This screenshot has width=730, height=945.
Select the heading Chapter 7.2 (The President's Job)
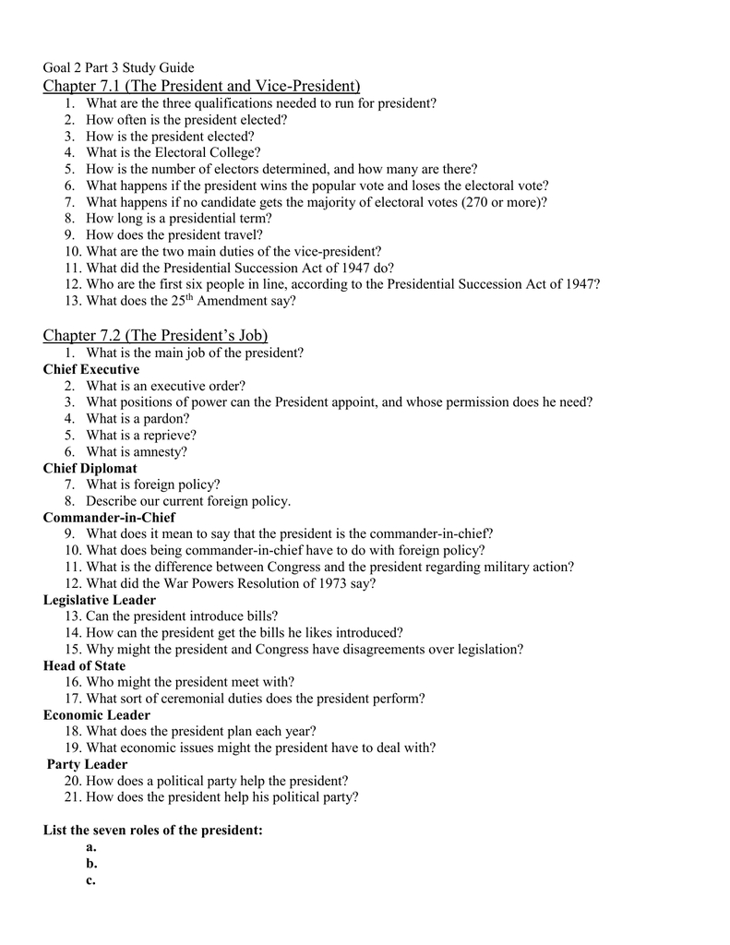155,334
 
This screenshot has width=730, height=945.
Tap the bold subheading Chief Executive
91,369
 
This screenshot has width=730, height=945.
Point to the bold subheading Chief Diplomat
90,469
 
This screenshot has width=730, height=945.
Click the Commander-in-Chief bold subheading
109,518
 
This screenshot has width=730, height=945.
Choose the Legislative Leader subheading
100,600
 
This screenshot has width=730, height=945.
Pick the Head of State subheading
84,665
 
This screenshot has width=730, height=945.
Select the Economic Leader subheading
97,715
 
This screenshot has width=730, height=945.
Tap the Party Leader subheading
88,764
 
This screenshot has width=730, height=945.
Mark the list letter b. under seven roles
91,864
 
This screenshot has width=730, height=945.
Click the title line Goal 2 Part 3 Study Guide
118,68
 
